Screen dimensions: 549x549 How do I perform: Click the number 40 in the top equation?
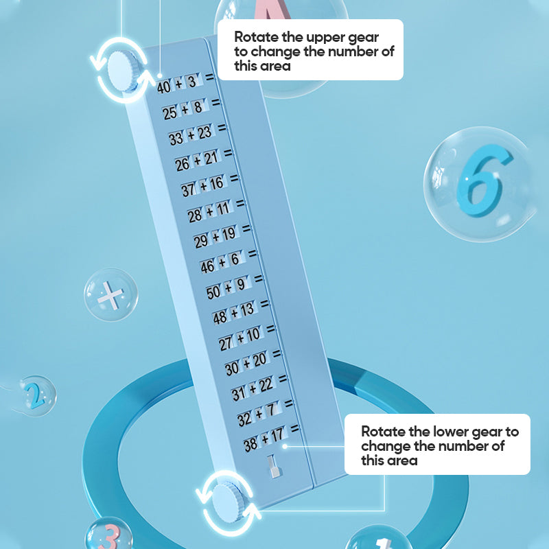pyautogui.click(x=163, y=87)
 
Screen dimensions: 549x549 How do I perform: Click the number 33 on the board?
pyautogui.click(x=176, y=138)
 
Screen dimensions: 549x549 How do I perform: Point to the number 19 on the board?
pyautogui.click(x=228, y=235)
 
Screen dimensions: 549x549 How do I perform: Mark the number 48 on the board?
pyautogui.click(x=220, y=317)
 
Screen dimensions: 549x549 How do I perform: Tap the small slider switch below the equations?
pyautogui.click(x=273, y=469)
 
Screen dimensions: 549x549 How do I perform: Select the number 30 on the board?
pyautogui.click(x=232, y=368)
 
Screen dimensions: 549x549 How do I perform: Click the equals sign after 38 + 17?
pyautogui.click(x=294, y=428)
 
